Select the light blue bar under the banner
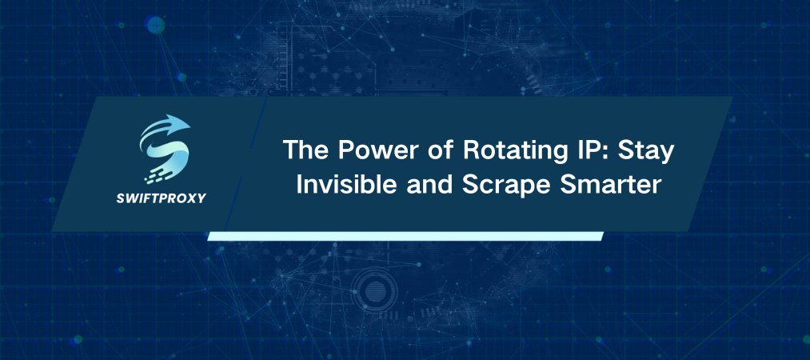[x=404, y=236]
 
